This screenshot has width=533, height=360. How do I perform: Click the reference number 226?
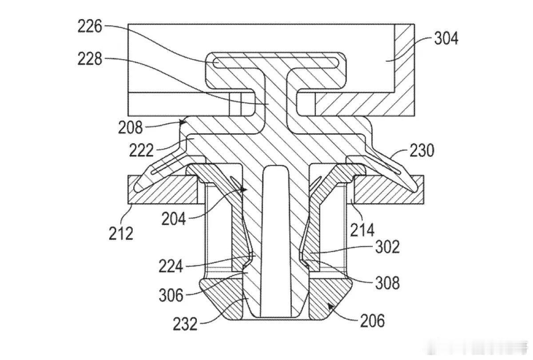tap(90, 26)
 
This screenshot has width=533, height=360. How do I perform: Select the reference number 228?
tap(90, 59)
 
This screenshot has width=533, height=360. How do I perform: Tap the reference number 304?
tap(446, 39)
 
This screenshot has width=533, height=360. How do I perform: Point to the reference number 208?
tap(130, 128)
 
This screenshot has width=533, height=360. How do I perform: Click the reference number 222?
tap(141, 150)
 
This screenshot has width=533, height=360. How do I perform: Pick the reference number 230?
tap(422, 151)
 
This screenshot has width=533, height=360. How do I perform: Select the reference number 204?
tap(174, 219)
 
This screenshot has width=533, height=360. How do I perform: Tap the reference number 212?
tap(121, 233)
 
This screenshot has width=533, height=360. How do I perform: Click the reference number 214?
tap(362, 230)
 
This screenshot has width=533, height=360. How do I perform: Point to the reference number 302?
tap(387, 247)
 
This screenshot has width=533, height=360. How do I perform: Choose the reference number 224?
tap(171, 266)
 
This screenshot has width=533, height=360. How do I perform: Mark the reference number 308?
tap(387, 283)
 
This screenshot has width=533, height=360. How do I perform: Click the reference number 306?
tap(171, 295)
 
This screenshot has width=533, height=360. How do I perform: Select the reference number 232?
tap(185, 324)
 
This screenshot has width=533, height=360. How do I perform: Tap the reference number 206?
tap(372, 321)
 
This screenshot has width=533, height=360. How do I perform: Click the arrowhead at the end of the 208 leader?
tap(183, 122)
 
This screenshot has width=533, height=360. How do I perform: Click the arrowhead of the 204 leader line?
tap(244, 189)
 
